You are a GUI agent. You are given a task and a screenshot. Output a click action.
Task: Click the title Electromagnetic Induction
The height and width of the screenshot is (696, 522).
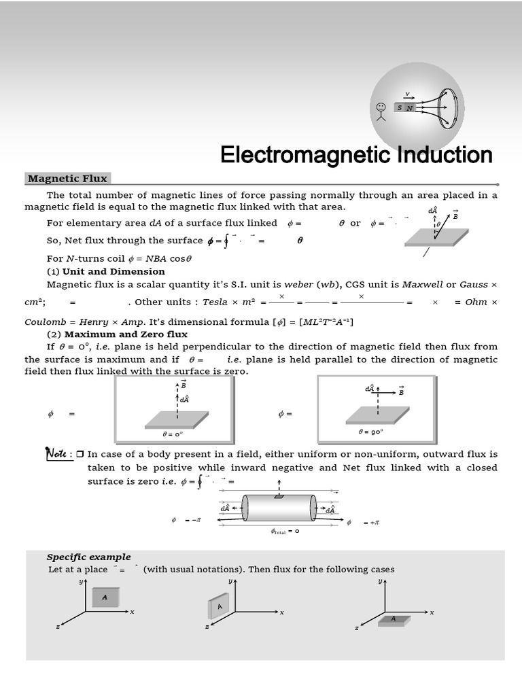click(x=356, y=155)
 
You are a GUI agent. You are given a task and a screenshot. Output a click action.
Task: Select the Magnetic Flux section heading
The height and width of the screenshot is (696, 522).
click(x=67, y=179)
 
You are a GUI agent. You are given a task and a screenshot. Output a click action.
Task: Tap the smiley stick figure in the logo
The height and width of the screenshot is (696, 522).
click(x=381, y=109)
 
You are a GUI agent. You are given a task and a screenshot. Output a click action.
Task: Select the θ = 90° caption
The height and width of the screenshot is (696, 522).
click(x=371, y=431)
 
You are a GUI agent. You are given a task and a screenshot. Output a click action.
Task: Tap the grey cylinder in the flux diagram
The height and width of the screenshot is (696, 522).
click(x=279, y=508)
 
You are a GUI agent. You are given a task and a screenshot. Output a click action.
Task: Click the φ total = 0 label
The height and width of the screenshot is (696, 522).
click(x=285, y=531)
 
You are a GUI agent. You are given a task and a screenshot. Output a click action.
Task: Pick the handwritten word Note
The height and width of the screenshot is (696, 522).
click(x=56, y=453)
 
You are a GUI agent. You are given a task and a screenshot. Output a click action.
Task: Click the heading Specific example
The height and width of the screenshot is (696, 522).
click(x=88, y=557)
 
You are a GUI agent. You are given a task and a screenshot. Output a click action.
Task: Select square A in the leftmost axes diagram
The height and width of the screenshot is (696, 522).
click(x=105, y=597)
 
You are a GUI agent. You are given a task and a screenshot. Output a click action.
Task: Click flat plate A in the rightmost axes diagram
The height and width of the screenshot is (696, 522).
click(x=394, y=619)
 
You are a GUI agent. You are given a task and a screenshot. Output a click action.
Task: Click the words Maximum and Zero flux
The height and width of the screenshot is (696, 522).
click(x=125, y=334)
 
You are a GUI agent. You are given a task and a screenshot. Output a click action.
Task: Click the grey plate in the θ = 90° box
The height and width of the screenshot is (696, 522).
click(x=377, y=413)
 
